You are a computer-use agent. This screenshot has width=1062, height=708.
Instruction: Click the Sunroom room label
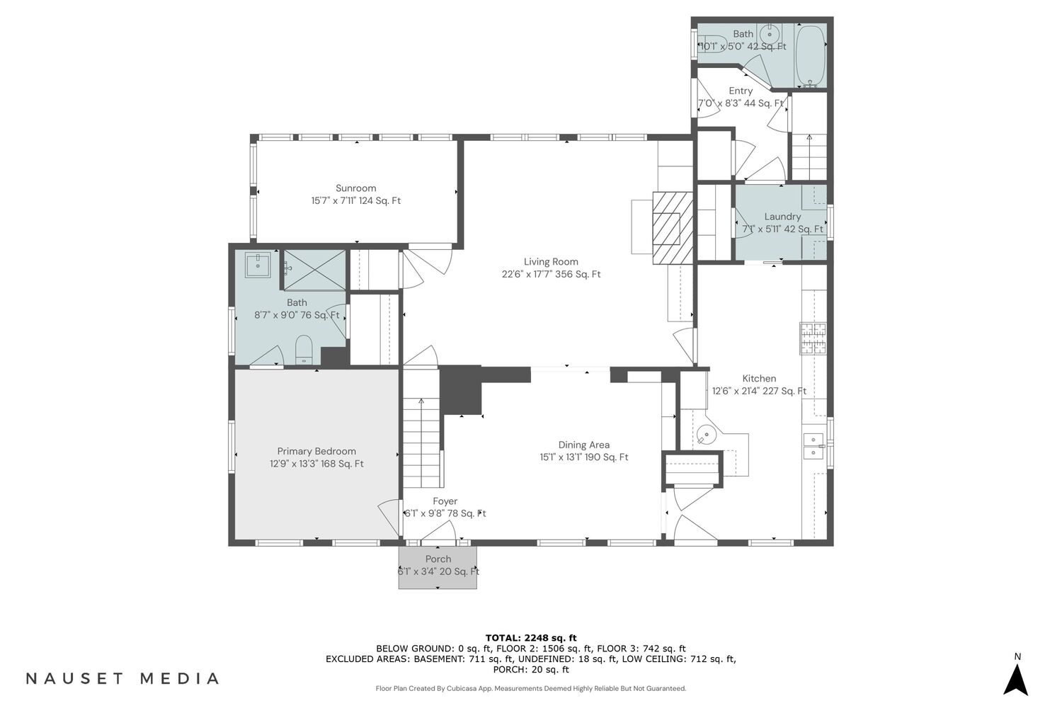pyautogui.click(x=355, y=188)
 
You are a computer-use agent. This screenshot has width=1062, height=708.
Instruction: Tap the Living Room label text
pyautogui.click(x=551, y=262)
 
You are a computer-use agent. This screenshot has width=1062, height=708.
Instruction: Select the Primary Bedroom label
pyautogui.click(x=316, y=452)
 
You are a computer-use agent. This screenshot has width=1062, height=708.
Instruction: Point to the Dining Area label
pyautogui.click(x=583, y=445)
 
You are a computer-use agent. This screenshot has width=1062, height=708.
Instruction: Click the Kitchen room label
pyautogui.click(x=759, y=378)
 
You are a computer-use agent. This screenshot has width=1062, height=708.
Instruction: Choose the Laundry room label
pyautogui.click(x=782, y=217)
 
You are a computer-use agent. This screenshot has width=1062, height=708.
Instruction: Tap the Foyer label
pyautogui.click(x=445, y=501)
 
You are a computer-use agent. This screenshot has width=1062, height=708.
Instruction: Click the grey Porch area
pyautogui.click(x=438, y=568)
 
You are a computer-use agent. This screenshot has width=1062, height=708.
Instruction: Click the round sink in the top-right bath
pyautogui.click(x=770, y=34)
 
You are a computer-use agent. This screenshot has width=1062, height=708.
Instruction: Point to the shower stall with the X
pyautogui.click(x=314, y=269)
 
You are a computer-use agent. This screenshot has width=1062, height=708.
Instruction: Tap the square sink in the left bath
pyautogui.click(x=258, y=265)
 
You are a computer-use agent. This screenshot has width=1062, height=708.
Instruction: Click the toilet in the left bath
pyautogui.click(x=304, y=350)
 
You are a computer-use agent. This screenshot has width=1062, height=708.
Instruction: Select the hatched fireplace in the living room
pyautogui.click(x=673, y=228)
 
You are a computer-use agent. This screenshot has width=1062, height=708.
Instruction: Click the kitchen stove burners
pyautogui.click(x=813, y=338)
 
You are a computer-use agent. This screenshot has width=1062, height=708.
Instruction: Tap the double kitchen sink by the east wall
pyautogui.click(x=814, y=446)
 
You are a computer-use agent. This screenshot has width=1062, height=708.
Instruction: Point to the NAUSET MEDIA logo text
pyautogui.click(x=122, y=678)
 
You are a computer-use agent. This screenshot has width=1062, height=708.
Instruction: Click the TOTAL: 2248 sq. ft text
pyautogui.click(x=531, y=638)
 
